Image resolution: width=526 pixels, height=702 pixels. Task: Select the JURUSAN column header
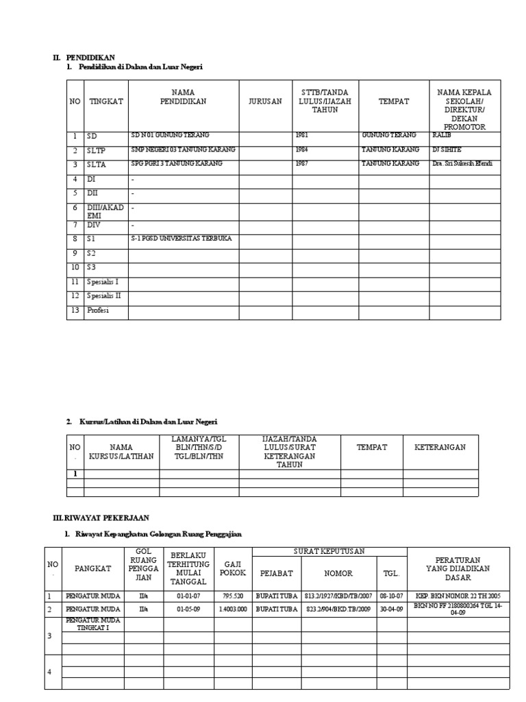click(265, 101)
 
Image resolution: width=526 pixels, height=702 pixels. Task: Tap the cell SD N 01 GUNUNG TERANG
click(171, 135)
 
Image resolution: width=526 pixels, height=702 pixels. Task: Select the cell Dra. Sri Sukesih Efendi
click(462, 164)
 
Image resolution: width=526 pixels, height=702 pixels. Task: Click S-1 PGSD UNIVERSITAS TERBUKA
click(181, 239)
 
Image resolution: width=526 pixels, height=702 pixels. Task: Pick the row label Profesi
click(98, 311)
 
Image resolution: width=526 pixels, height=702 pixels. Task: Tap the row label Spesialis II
click(103, 296)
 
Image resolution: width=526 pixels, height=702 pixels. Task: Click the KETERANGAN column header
click(440, 447)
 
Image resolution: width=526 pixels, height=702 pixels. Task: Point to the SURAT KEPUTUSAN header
click(329, 551)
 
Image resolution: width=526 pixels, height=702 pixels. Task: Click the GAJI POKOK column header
click(234, 568)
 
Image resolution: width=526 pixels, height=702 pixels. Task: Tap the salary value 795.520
click(233, 595)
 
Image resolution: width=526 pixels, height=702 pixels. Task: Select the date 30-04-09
click(391, 608)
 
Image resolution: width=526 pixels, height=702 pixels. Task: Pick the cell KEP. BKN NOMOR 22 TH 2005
click(458, 595)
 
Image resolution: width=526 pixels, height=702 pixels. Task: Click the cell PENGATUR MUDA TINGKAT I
click(92, 624)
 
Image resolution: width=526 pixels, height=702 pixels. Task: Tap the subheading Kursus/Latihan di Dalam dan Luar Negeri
click(150, 422)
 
